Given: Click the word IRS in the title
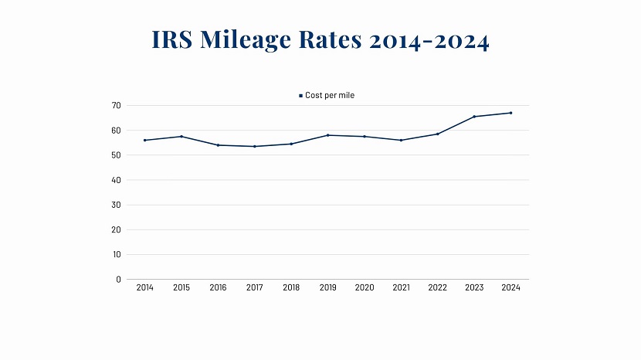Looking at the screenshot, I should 172,40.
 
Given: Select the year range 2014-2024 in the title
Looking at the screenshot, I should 429,40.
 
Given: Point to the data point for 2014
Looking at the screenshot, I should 145,140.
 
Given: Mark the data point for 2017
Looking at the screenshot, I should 255,146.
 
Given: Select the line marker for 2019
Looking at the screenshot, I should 328,135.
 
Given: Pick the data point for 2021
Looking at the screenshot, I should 402,140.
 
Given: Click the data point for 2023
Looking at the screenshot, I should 474,117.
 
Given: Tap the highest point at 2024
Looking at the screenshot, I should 510,113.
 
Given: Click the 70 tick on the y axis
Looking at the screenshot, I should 117,105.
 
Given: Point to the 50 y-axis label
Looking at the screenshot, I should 117,155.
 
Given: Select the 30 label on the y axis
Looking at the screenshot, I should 117,205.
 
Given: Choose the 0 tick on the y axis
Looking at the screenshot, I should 119,279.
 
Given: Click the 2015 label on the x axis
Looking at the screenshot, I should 181,287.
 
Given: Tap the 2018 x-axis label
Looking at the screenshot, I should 291,287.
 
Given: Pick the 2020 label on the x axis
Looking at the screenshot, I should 365,287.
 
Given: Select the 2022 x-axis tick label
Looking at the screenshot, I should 438,287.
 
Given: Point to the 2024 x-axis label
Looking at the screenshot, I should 510,287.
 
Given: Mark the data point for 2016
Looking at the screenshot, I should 218,145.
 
